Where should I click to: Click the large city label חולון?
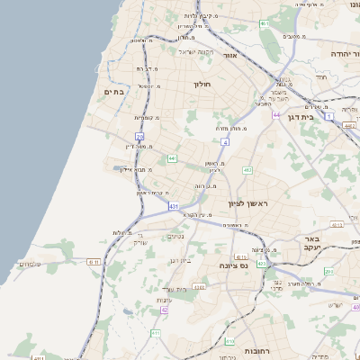(201, 84)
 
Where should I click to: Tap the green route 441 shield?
(171, 158)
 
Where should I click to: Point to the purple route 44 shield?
(275, 115)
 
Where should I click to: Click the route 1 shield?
(329, 116)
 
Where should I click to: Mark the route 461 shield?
(264, 22)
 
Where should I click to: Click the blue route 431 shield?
(173, 207)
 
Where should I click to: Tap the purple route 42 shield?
(164, 310)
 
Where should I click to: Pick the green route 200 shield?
(328, 270)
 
